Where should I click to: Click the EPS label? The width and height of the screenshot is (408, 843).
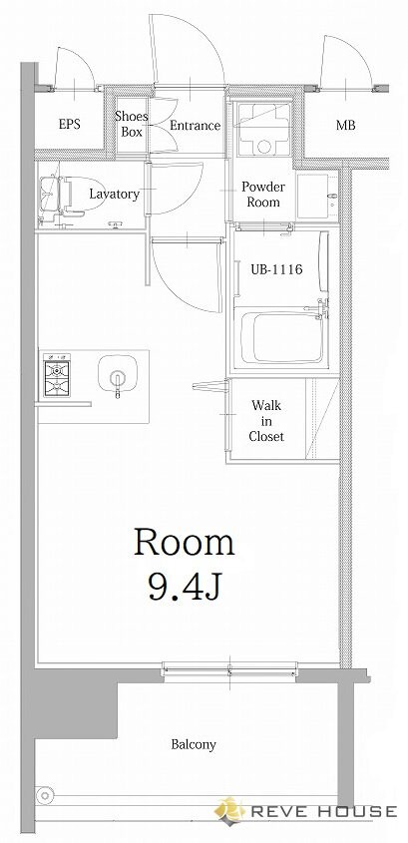pyautogui.click(x=70, y=124)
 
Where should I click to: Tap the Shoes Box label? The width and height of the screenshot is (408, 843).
pyautogui.click(x=132, y=124)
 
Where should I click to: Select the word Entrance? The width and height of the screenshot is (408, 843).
pyautogui.click(x=196, y=126)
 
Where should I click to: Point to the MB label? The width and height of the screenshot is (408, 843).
pyautogui.click(x=345, y=126)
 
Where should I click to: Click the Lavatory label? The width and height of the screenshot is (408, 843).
pyautogui.click(x=115, y=194)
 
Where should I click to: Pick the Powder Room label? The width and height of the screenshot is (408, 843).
pyautogui.click(x=263, y=195)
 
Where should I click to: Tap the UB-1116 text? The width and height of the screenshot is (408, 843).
pyautogui.click(x=277, y=268)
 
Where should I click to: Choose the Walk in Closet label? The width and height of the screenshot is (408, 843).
pyautogui.click(x=266, y=420)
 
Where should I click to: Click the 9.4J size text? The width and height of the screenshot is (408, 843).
pyautogui.click(x=184, y=586)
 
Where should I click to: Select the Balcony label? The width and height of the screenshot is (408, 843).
pyautogui.click(x=194, y=744)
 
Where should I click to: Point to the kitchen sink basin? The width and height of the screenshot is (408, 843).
pyautogui.click(x=117, y=372)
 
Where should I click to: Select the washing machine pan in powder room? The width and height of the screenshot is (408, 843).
pyautogui.click(x=264, y=130)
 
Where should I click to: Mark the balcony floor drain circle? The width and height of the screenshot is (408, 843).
pyautogui.click(x=45, y=794)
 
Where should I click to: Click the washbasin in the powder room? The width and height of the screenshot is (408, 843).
pyautogui.click(x=317, y=196)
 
